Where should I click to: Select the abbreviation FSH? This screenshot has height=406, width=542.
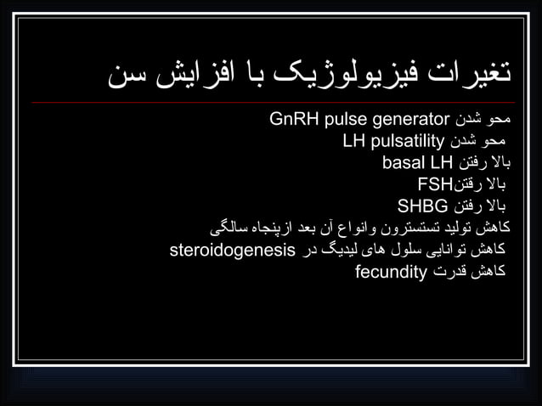[x=433, y=183]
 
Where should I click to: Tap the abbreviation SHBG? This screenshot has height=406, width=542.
[x=422, y=206]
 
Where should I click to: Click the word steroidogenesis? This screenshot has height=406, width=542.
[x=232, y=250]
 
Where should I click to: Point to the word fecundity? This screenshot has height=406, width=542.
[x=390, y=272]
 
